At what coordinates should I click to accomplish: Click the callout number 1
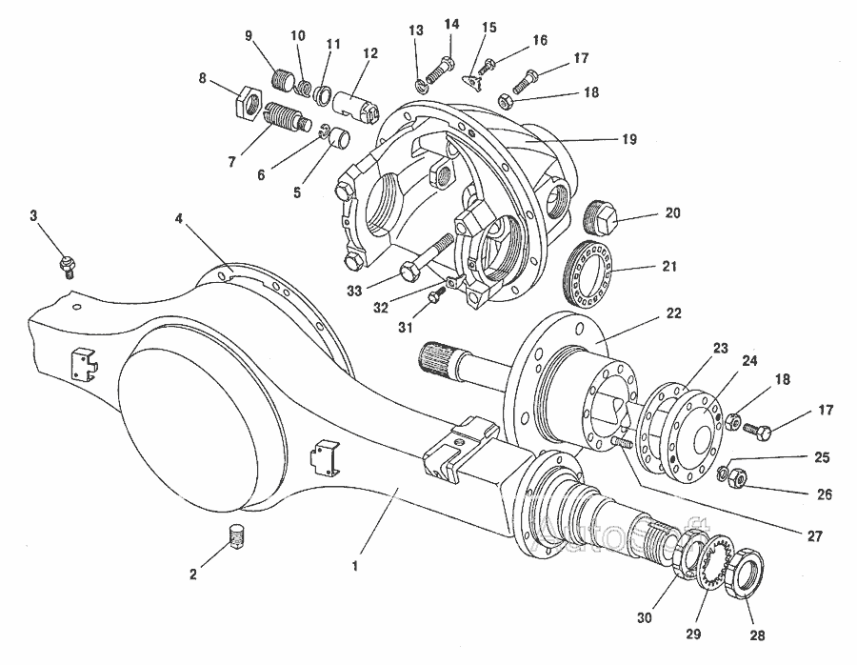tap(355, 565)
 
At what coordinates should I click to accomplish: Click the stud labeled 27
tap(624, 444)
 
